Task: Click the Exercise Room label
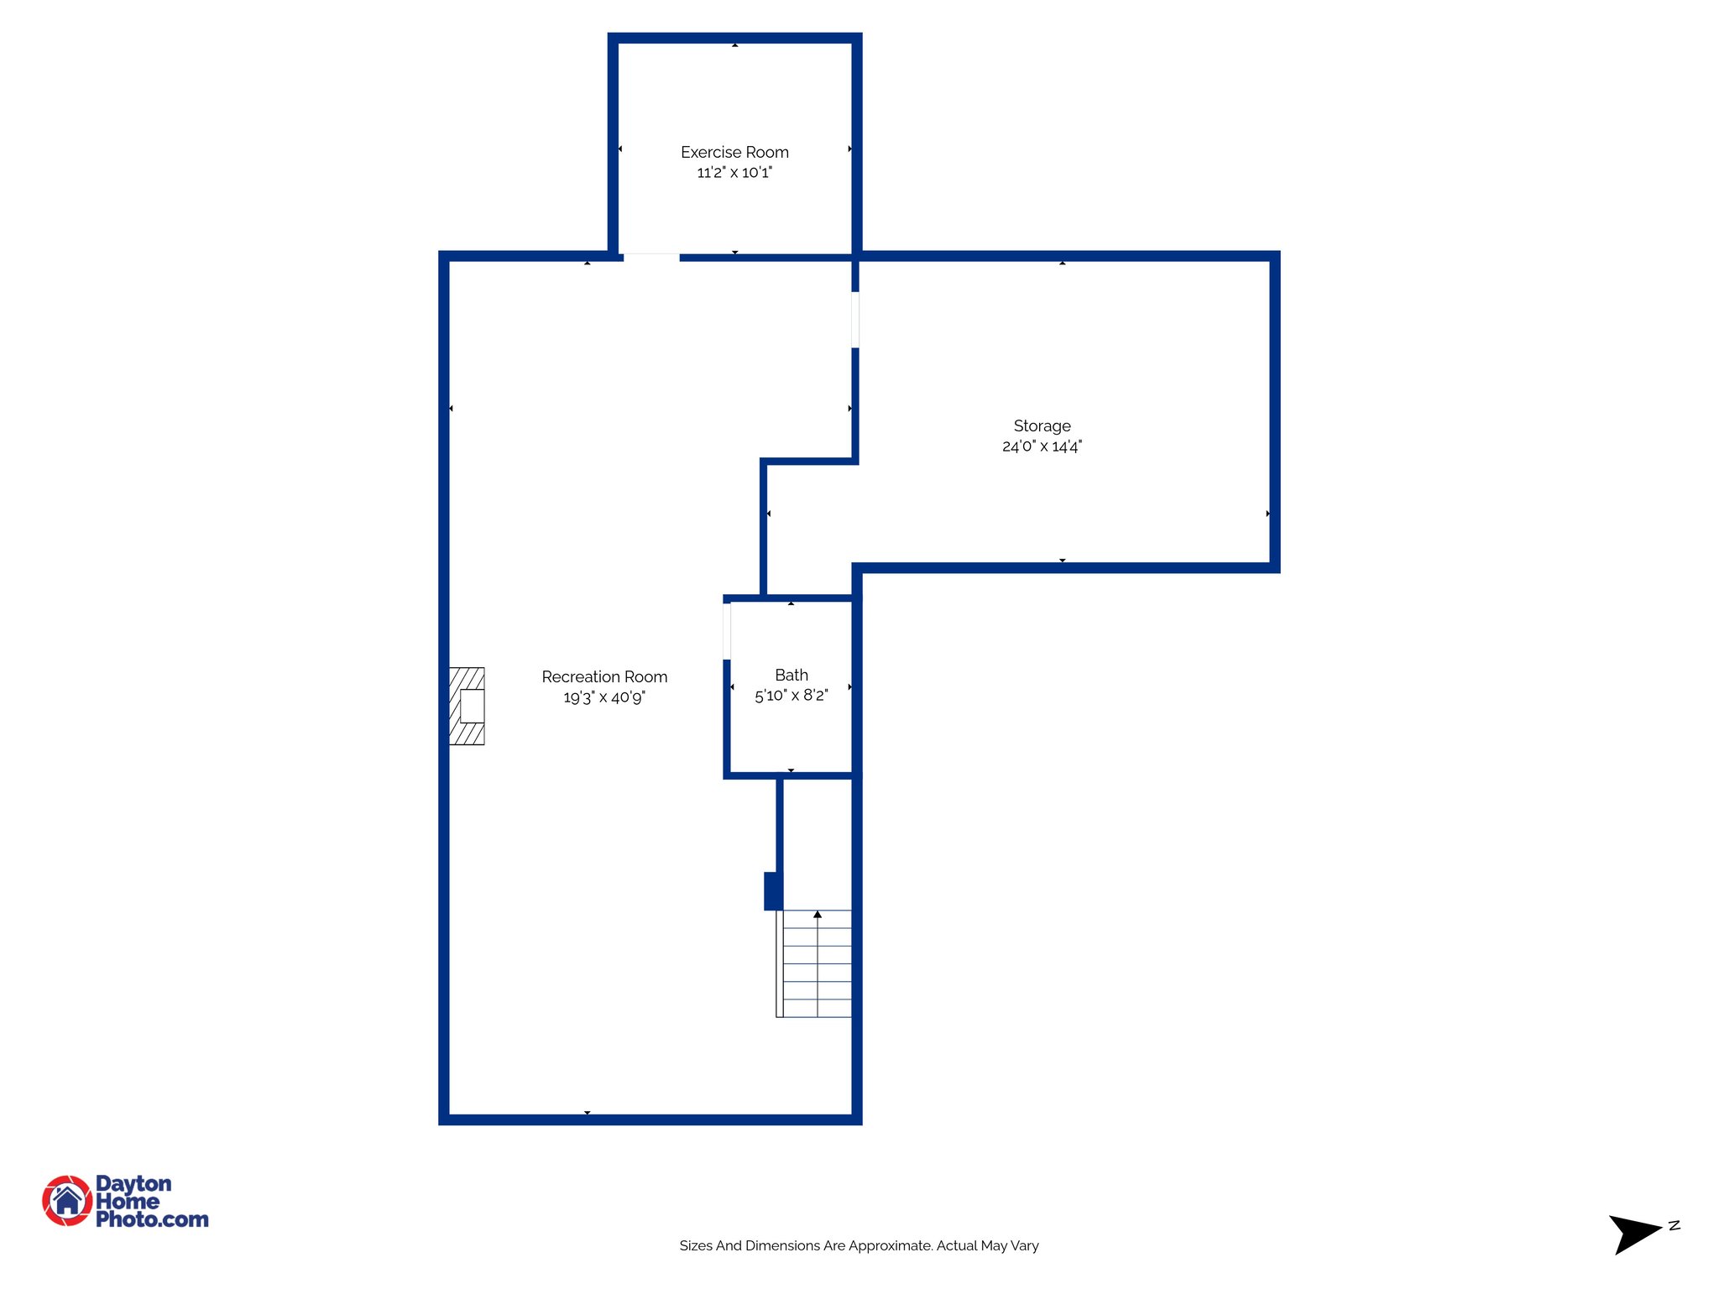tap(734, 152)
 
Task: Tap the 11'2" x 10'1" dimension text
tap(734, 173)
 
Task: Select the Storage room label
tap(1042, 425)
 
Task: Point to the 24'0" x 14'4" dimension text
tap(1042, 446)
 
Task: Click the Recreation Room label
tap(604, 676)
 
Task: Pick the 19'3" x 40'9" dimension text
tap(604, 697)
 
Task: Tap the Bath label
tap(792, 675)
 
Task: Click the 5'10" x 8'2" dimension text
tap(792, 696)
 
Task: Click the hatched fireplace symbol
tap(467, 706)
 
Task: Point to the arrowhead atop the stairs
tap(818, 914)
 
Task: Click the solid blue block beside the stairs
tap(773, 891)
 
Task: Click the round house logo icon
tap(67, 1201)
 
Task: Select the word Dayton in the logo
tap(133, 1183)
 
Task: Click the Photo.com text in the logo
tap(152, 1219)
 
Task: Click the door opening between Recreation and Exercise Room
tap(651, 258)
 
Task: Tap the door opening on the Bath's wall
tap(727, 631)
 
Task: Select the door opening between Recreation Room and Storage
tap(855, 320)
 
